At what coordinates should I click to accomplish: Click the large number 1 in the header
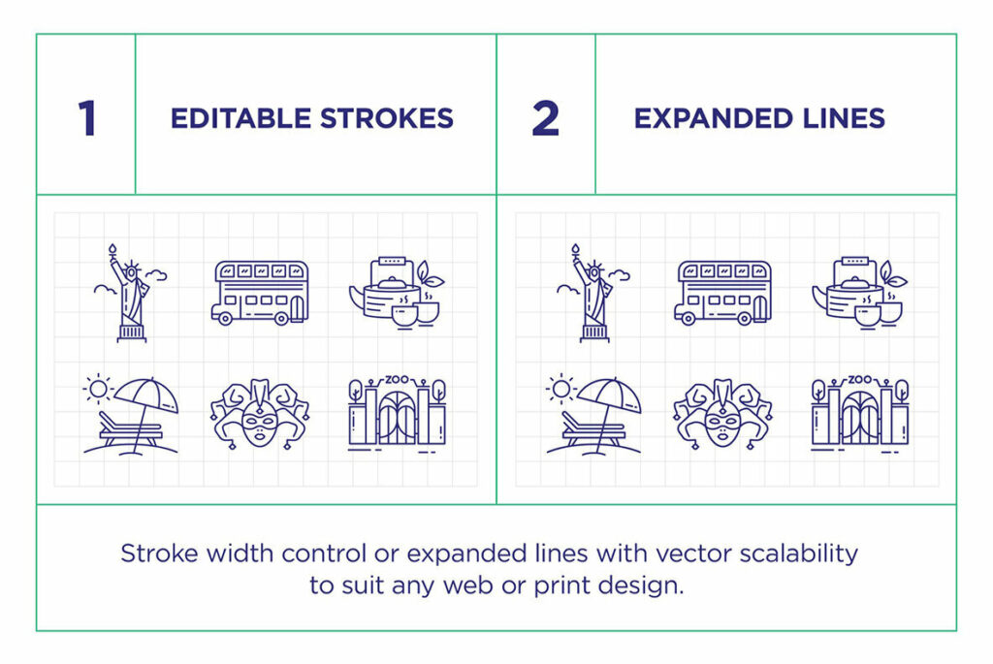pos(87,118)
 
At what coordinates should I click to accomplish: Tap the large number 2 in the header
pos(546,118)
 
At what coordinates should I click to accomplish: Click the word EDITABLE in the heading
pos(229,118)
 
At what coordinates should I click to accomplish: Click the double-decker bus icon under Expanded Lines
pos(722,292)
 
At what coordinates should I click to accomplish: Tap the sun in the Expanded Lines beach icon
pos(560,389)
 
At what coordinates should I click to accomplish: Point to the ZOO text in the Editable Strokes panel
pos(396,380)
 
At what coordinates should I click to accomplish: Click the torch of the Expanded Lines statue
pos(574,250)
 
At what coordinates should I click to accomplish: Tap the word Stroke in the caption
pos(151,553)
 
